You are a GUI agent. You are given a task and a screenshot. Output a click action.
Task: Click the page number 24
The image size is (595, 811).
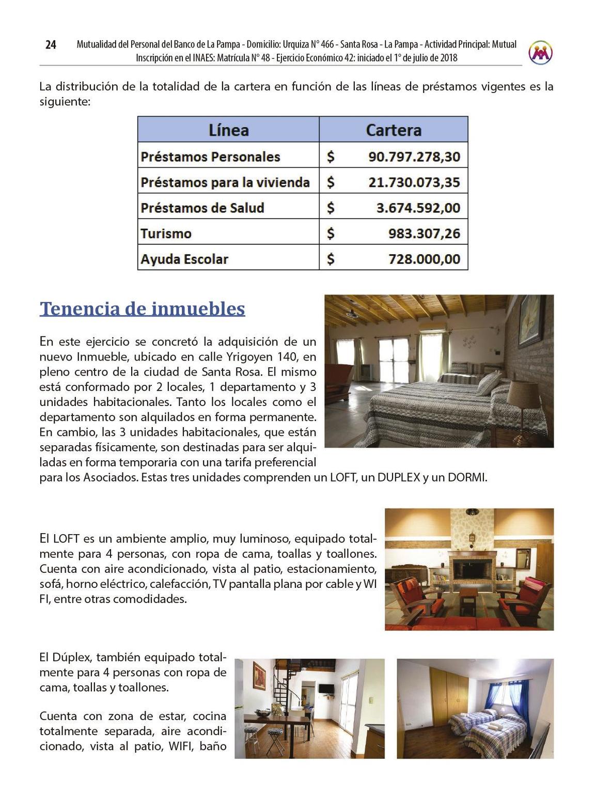(51, 45)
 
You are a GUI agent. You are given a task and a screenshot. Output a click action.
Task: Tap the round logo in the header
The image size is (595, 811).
(540, 52)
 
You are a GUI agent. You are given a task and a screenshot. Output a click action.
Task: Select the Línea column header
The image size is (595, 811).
(228, 130)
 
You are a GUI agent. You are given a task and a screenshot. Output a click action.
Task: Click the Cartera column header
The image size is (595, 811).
(394, 130)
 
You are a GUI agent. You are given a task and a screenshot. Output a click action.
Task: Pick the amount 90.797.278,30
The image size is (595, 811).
(414, 157)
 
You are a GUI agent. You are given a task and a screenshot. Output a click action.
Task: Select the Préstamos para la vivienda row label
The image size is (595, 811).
(225, 182)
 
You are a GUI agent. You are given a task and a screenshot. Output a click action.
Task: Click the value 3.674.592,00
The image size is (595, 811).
(418, 208)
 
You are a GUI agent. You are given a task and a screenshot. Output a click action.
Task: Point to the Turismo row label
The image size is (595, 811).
(166, 233)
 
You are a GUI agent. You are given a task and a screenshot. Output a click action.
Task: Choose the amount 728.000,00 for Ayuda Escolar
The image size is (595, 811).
(424, 259)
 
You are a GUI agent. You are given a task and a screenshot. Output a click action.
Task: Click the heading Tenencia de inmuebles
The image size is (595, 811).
(142, 308)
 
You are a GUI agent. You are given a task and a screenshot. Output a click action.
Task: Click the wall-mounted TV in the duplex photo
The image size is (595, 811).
(325, 689)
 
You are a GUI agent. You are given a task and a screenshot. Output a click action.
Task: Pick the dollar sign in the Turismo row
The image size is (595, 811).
(331, 233)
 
